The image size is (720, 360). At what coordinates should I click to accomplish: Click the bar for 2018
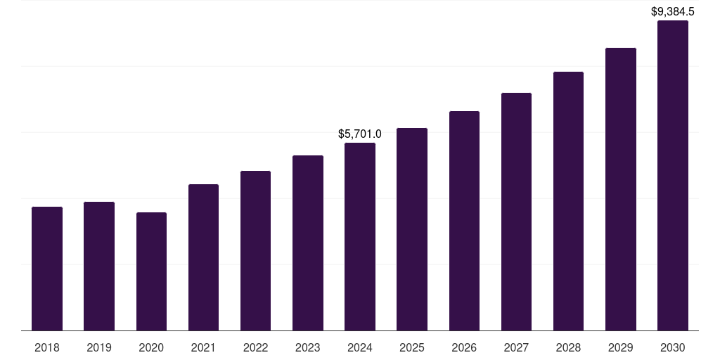(x=47, y=269)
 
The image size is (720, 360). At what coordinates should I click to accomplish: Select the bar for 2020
(x=151, y=271)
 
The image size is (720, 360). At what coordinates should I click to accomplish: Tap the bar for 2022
(x=255, y=251)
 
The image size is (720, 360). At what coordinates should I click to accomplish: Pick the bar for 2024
(x=360, y=237)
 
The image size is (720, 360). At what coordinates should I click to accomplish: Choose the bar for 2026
(x=464, y=221)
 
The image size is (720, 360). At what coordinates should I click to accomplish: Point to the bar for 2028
(x=568, y=201)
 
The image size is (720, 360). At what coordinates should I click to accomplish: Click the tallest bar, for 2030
(x=672, y=176)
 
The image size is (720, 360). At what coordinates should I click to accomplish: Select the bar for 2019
(x=99, y=266)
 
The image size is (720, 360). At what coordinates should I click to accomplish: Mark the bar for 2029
(x=620, y=189)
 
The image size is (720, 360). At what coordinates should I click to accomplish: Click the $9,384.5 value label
(x=672, y=11)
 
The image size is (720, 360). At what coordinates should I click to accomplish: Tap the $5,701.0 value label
(x=360, y=134)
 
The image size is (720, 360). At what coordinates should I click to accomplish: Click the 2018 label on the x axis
(x=47, y=347)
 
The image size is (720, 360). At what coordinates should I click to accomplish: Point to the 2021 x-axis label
(x=203, y=347)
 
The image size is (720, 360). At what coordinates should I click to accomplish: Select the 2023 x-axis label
(x=307, y=347)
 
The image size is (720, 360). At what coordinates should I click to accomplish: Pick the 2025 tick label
(x=412, y=347)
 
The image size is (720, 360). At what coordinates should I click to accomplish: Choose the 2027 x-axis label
(x=516, y=347)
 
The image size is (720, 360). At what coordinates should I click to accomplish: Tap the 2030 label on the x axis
(x=672, y=347)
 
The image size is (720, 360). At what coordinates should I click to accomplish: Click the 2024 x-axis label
(x=360, y=347)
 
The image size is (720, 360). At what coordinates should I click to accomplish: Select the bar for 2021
(x=203, y=257)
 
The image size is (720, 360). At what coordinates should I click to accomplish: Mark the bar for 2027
(x=516, y=212)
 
